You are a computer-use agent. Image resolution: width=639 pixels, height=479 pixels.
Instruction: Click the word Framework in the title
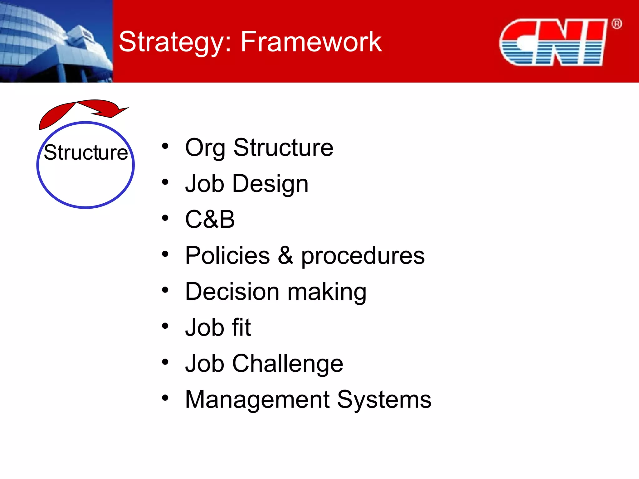pos(311,42)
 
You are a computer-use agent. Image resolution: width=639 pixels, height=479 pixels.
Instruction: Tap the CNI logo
pos(553,42)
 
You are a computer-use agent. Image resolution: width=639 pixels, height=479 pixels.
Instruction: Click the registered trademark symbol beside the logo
pos(617,24)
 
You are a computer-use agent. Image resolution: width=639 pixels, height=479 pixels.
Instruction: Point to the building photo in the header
pos(56,41)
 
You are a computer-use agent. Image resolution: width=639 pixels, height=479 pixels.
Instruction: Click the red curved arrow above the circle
pos(81,111)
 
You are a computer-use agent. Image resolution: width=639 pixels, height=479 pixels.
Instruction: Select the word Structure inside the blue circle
pos(86,152)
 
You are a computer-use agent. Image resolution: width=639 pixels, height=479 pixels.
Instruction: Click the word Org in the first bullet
pos(205,148)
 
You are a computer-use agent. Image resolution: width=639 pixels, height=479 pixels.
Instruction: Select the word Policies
pos(227,255)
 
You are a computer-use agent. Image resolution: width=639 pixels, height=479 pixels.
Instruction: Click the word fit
pos(241,327)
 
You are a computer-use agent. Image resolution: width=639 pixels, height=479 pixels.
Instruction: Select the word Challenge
pos(287,364)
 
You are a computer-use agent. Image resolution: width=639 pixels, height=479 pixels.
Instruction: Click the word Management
pos(257,400)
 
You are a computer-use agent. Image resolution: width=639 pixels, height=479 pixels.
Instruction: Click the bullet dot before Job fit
pos(165,326)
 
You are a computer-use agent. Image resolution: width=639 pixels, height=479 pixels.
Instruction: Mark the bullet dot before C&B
pos(165,218)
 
